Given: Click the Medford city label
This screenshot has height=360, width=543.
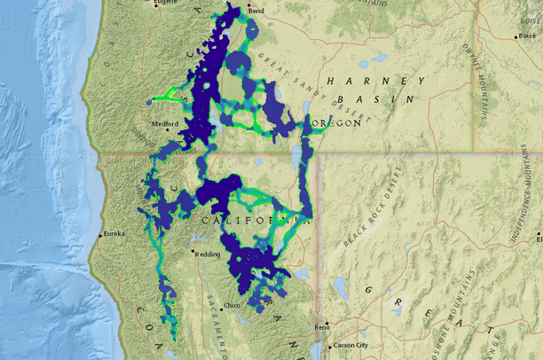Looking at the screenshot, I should [166, 124].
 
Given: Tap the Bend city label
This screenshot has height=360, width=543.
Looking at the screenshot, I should [256, 12].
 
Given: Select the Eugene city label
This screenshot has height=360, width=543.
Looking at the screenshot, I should [167, 4].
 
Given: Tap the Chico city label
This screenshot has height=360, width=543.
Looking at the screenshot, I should [232, 305].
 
